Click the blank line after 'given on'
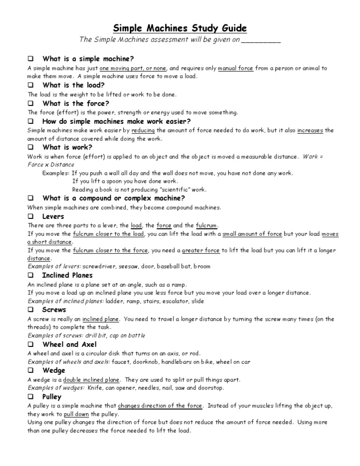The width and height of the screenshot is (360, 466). (261, 41)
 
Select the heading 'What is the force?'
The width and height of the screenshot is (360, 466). (75, 103)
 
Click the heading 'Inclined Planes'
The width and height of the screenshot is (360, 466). (67, 275)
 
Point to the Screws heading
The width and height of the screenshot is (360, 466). (54, 310)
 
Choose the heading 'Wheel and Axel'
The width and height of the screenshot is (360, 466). (69, 345)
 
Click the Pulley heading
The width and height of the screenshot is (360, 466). (52, 397)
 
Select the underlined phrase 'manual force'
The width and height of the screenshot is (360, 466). (236, 68)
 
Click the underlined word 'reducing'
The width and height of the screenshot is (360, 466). (143, 130)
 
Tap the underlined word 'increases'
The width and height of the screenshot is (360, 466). (310, 130)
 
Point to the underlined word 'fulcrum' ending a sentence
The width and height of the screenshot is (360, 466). (206, 225)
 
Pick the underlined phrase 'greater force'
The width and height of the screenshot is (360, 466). (201, 250)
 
